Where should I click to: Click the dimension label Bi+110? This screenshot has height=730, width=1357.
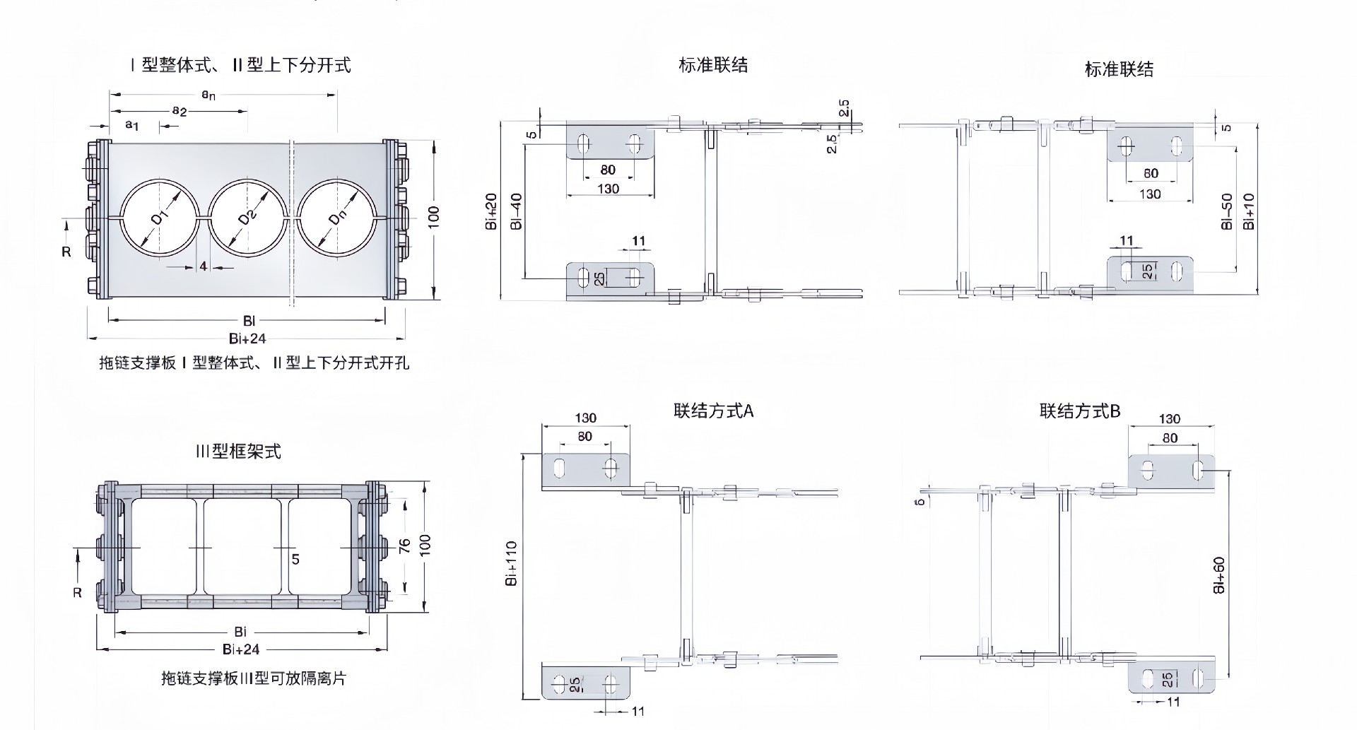tap(512, 563)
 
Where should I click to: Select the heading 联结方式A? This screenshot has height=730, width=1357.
tap(714, 411)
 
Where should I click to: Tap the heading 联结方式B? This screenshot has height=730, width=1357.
tap(1080, 411)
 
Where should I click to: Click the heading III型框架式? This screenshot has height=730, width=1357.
tap(238, 451)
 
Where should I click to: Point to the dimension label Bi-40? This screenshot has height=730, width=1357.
tap(516, 211)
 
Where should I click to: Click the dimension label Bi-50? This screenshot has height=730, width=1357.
tap(1227, 211)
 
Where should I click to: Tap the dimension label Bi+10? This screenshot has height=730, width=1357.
tap(1250, 211)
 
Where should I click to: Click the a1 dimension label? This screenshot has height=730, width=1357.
tap(132, 125)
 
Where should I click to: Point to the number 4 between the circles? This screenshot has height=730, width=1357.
tap(204, 266)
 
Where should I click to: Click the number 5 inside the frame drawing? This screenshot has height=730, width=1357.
tap(295, 559)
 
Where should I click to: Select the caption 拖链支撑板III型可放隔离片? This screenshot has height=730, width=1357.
tap(254, 678)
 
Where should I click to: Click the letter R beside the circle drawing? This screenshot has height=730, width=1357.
tap(66, 252)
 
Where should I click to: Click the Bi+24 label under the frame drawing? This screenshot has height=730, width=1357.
tap(241, 649)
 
